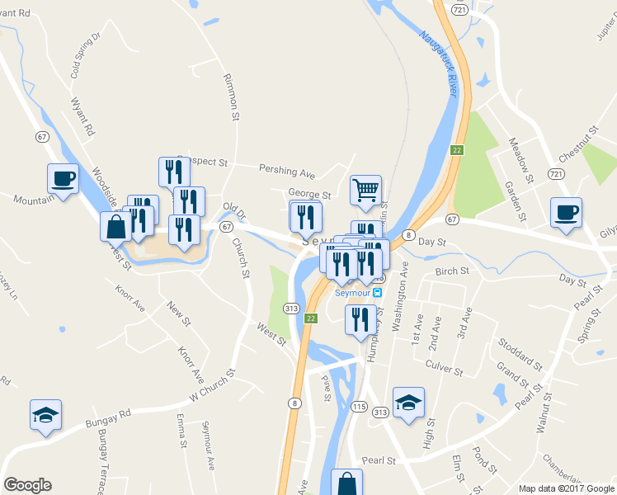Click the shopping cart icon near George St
365,190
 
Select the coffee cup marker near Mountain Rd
64,178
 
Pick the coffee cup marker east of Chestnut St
566,213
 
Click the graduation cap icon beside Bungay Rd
45,414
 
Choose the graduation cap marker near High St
408,403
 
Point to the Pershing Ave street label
287,173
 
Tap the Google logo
27,485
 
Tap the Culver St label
444,365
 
